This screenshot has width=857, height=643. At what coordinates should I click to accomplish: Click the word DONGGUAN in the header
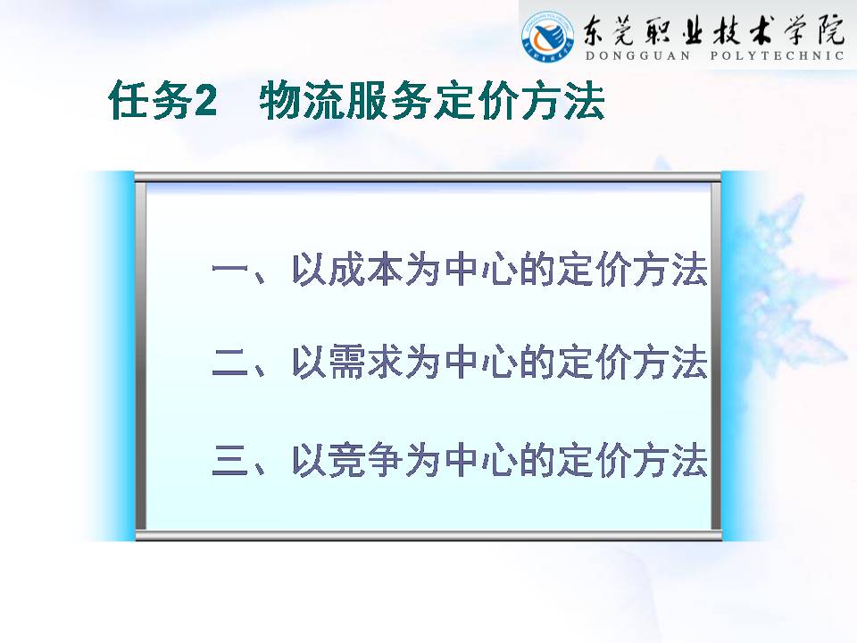637,55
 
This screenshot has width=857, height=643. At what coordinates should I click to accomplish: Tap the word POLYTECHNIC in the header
777,55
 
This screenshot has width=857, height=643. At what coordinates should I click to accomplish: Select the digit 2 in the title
205,101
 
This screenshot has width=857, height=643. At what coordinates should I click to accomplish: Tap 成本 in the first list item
349,269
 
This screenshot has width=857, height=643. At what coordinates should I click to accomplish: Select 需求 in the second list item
349,362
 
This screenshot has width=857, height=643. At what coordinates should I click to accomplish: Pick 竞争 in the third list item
349,461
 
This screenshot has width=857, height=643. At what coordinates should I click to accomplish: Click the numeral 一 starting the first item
230,269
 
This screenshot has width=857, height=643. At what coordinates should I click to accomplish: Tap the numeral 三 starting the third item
230,461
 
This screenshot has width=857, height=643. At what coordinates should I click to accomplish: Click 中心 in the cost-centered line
481,269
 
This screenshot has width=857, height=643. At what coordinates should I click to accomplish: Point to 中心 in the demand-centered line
481,362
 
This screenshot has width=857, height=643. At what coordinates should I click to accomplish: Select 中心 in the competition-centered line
481,461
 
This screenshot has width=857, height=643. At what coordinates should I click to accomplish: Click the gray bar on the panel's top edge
428,177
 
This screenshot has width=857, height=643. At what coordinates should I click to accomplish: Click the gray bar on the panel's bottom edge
428,536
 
